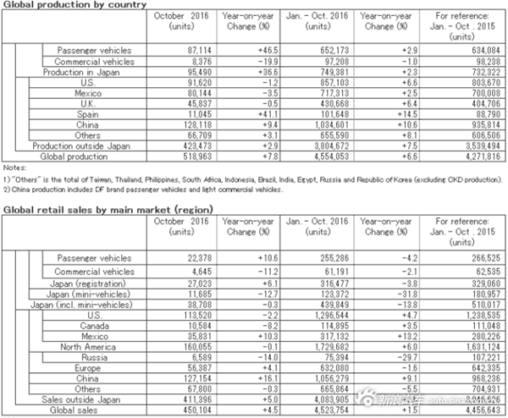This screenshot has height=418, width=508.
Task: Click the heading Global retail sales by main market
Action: pyautogui.click(x=107, y=208)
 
